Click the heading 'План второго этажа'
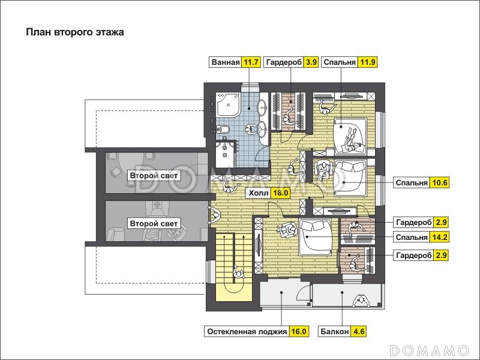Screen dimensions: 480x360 [x=75, y=32]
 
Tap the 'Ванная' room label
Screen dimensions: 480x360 [x=226, y=62]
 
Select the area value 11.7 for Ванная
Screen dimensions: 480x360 [x=251, y=62]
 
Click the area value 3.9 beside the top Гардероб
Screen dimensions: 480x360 [x=311, y=62]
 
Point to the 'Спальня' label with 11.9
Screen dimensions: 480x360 [x=340, y=62]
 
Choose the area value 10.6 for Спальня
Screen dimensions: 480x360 [x=439, y=183]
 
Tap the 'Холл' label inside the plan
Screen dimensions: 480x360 [x=259, y=193]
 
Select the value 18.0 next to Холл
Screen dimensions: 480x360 [x=281, y=193]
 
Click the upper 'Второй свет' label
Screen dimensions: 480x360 [x=154, y=176]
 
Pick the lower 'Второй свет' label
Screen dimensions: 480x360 [x=154, y=223]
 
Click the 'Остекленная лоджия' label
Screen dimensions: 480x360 [x=247, y=332]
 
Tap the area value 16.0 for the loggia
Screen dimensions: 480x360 [x=299, y=332]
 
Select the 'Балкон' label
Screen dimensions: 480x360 [x=335, y=332]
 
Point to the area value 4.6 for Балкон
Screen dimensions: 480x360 [x=358, y=332]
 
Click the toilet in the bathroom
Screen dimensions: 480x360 [x=222, y=129]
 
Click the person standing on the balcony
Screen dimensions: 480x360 [x=361, y=302]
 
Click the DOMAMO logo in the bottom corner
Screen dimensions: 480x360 [x=430, y=350]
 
